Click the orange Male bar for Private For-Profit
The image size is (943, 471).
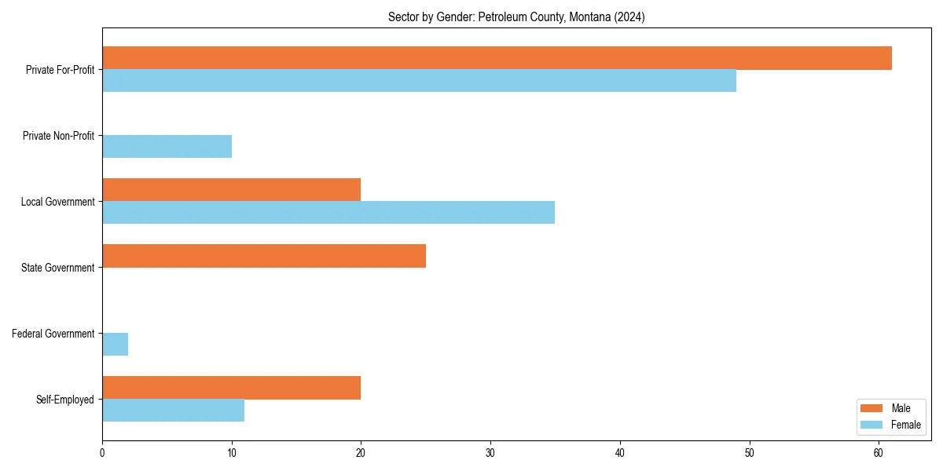[x=497, y=58]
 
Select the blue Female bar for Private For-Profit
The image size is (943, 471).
[x=419, y=80]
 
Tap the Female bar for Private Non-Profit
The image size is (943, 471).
[x=167, y=146]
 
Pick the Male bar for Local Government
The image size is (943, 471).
[x=231, y=190]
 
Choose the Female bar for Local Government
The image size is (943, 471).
[x=328, y=212]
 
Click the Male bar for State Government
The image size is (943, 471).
[x=264, y=256]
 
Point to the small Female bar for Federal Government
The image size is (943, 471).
[x=115, y=344]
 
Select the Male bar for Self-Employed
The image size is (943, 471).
[x=231, y=388]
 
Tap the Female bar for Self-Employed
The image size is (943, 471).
[x=173, y=410]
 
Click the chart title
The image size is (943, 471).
[x=516, y=17]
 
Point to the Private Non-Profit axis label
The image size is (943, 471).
[x=58, y=136]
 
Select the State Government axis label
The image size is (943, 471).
[x=57, y=268]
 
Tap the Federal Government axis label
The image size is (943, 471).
[x=53, y=334]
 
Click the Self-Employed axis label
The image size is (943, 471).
[x=64, y=400]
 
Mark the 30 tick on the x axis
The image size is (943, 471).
[x=490, y=453]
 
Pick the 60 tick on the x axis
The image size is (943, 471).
[x=879, y=453]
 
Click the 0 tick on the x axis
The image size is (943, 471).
[x=102, y=453]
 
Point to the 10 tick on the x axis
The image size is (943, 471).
[x=231, y=453]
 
